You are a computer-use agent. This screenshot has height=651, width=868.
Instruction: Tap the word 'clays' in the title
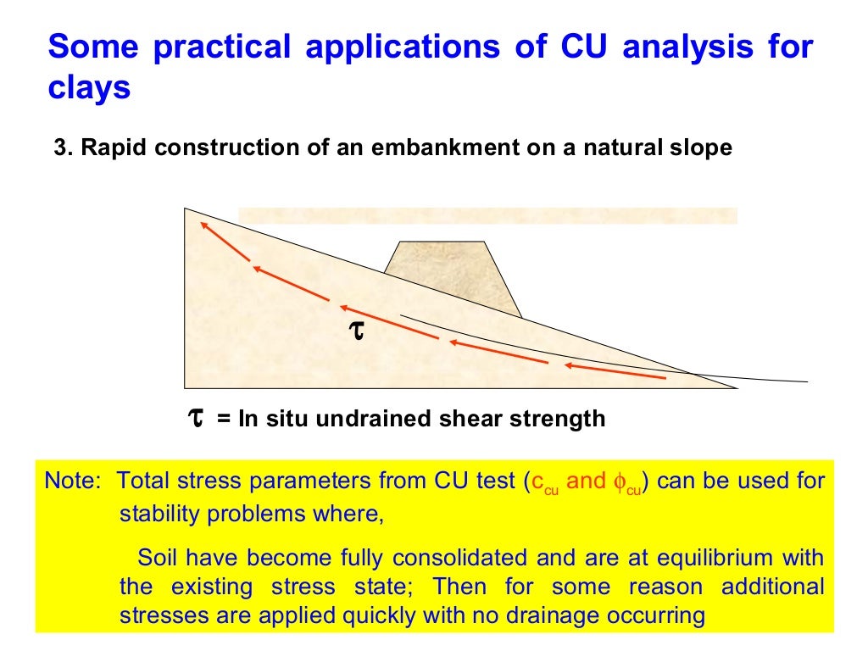(x=89, y=87)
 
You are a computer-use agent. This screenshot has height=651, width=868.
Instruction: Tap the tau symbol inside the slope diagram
(x=357, y=331)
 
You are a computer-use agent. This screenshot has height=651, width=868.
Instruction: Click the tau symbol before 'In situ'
(x=195, y=418)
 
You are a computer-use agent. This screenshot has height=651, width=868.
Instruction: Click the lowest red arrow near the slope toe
(x=614, y=371)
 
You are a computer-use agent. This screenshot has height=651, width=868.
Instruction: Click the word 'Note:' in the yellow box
(x=73, y=482)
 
